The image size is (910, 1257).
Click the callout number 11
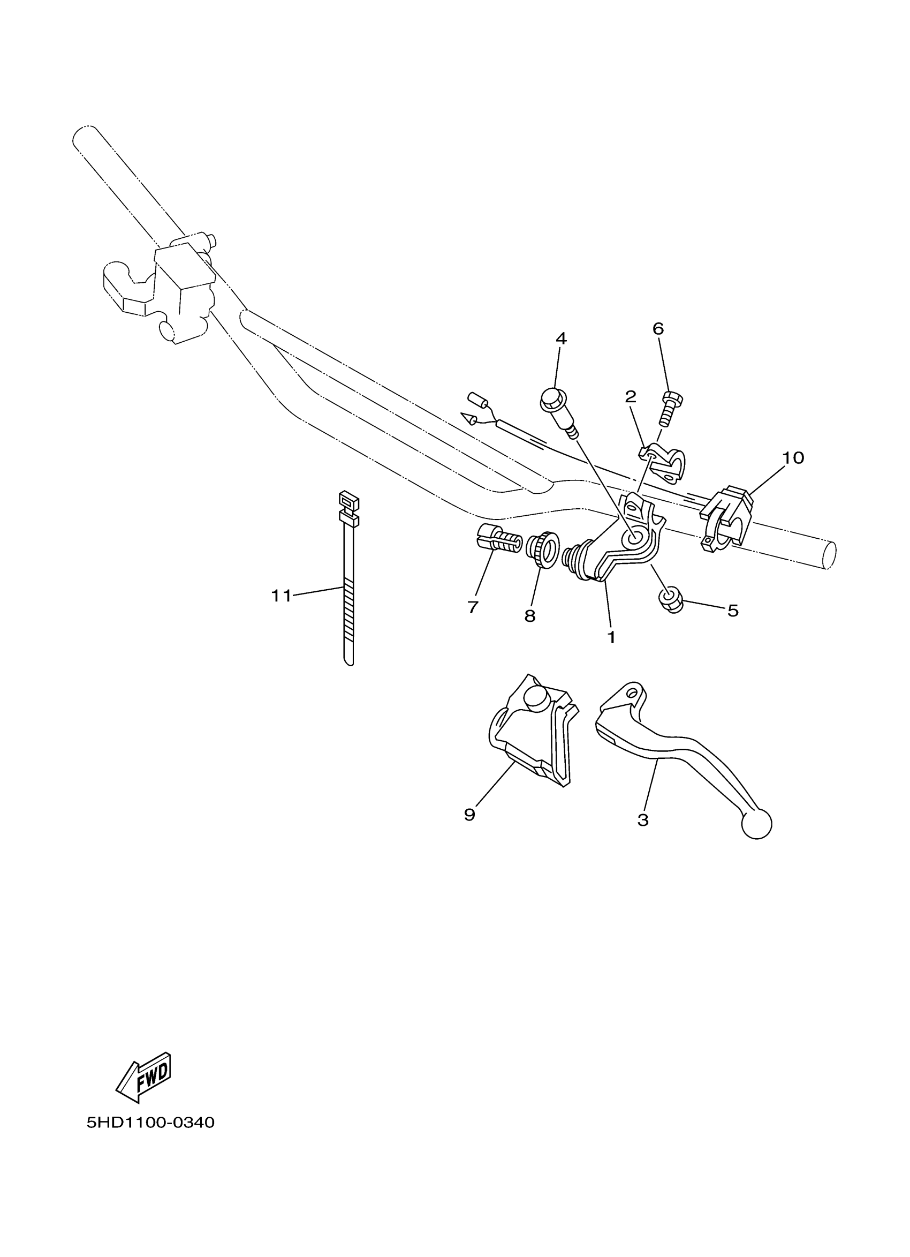[281, 596]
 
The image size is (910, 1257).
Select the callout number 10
[793, 458]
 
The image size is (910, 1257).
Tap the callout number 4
[561, 338]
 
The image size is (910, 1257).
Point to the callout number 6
[658, 329]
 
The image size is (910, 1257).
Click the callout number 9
[469, 814]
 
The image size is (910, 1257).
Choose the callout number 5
[733, 610]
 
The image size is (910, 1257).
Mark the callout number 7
[473, 607]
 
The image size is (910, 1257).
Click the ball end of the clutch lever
[756, 824]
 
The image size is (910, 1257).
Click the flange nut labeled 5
[670, 600]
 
